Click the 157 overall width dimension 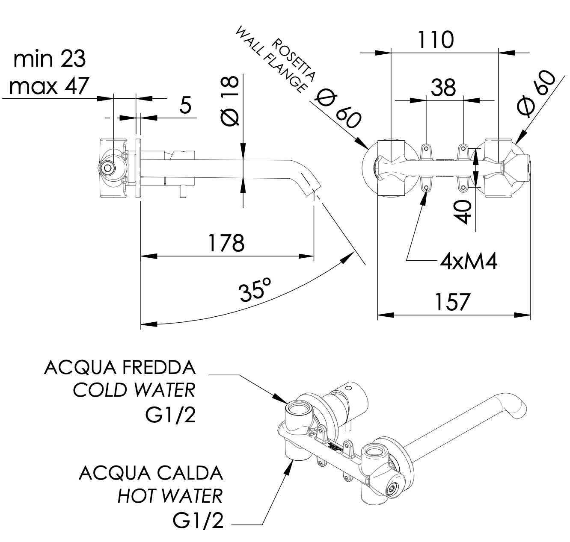(452, 302)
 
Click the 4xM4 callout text (469, 261)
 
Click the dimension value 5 (185, 105)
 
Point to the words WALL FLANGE (271, 60)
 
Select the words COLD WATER (134, 390)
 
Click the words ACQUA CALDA (151, 473)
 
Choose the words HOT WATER (170, 496)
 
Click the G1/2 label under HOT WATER (198, 520)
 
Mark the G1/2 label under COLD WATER (170, 415)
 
